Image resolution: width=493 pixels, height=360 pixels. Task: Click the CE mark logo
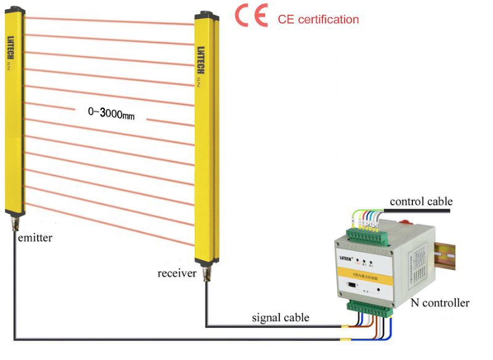coord(251,17)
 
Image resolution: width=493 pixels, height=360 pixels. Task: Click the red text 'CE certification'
coord(318,20)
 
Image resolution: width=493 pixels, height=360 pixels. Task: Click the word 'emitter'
coord(35,237)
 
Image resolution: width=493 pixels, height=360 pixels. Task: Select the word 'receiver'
coord(177,272)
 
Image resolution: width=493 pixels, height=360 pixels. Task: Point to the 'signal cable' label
coord(280,318)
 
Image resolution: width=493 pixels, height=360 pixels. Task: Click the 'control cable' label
coord(422,202)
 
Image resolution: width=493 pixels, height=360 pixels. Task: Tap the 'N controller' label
coord(440,303)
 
